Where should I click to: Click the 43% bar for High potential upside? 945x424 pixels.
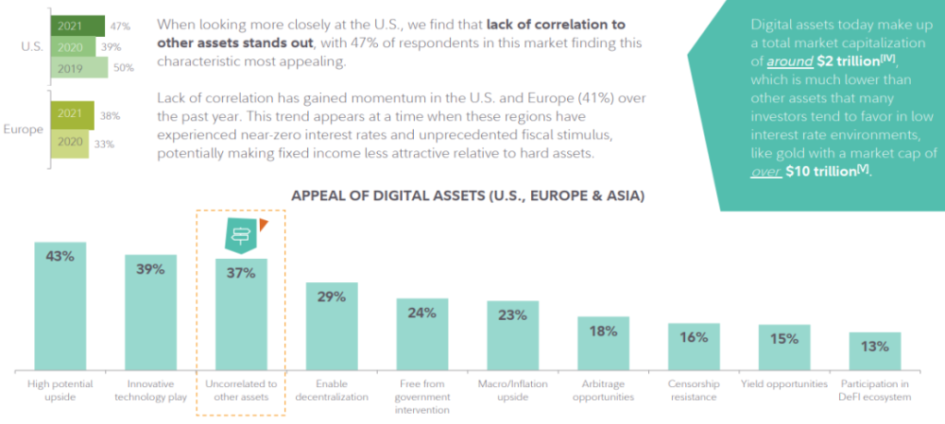[x=60, y=307]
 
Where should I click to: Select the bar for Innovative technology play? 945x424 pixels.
[x=150, y=312]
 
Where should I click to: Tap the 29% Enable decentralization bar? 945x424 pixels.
[x=332, y=326]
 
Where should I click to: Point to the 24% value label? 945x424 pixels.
[x=422, y=314]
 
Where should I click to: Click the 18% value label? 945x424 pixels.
[x=603, y=331]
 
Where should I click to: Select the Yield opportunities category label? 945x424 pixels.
[x=784, y=384]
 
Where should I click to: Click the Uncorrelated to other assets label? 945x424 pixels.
[x=241, y=390]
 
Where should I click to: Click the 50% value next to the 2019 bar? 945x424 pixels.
[x=123, y=68]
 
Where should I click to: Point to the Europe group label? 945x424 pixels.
[x=25, y=129]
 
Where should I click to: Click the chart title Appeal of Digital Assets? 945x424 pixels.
[x=467, y=196]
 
